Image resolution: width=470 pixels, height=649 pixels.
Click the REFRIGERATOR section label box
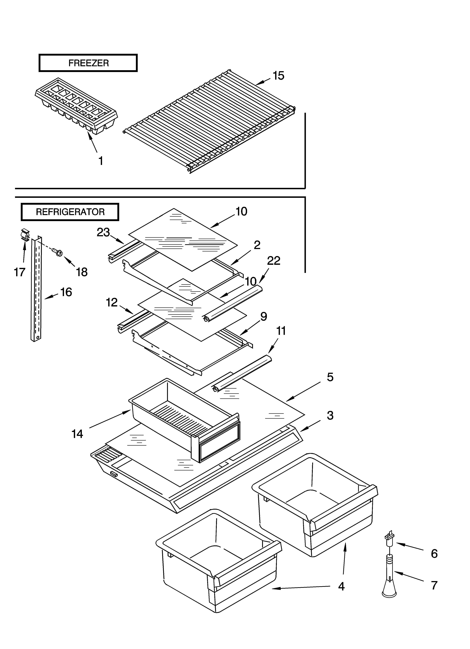pos(70,212)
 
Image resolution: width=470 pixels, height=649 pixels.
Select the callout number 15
pos(278,76)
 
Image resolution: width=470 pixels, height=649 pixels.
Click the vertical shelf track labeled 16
pos(36,289)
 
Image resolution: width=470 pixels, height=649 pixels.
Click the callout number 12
pos(112,303)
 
